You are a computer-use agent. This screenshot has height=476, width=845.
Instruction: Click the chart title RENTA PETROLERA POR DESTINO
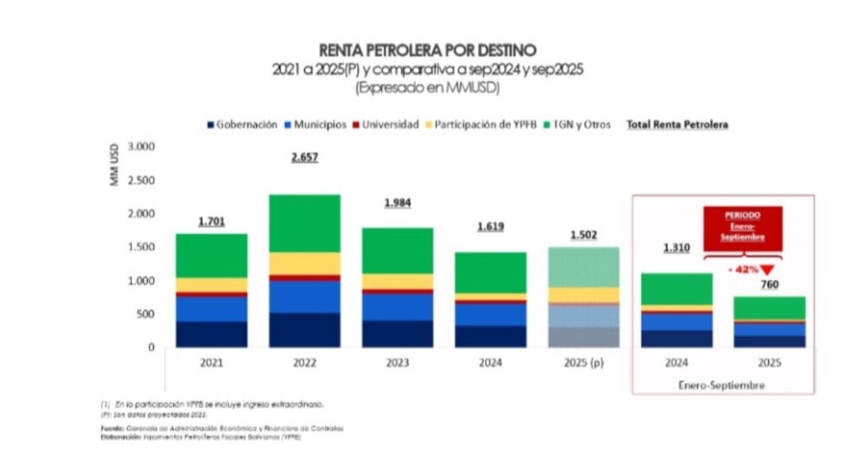[x=427, y=51]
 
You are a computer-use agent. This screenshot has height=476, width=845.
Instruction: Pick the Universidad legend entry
[x=385, y=124]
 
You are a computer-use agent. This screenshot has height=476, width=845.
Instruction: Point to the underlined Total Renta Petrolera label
[x=677, y=124]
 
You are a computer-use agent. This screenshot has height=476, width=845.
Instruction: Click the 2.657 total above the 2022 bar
[x=304, y=157]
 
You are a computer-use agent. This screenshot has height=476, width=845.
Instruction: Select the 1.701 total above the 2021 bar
[x=212, y=222]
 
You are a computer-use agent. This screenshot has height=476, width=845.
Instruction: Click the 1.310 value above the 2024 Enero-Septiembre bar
[x=675, y=249]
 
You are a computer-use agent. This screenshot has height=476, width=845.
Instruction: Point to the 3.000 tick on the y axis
[x=141, y=146]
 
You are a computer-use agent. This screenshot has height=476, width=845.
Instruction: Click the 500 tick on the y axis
[x=146, y=314]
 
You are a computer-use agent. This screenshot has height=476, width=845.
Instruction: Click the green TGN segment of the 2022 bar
[x=304, y=223]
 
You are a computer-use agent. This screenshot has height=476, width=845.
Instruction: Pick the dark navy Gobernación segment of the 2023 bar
[x=397, y=333]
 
